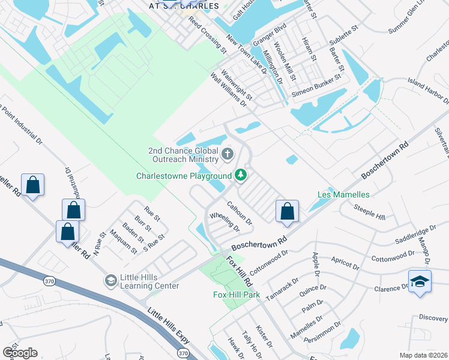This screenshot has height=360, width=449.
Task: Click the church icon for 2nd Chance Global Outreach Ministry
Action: click(x=228, y=155)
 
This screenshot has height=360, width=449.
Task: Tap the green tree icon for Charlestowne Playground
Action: click(x=241, y=175)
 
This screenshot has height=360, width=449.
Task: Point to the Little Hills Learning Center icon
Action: click(x=110, y=280)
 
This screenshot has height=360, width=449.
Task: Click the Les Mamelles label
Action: click(x=343, y=195)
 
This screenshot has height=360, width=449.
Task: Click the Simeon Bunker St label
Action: click(x=316, y=89)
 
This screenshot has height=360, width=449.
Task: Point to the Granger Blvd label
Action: click(x=270, y=35)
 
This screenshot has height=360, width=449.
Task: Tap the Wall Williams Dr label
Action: click(x=228, y=90)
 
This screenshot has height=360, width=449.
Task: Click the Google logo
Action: click(x=20, y=353)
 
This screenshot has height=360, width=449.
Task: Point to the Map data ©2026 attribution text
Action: click(x=424, y=355)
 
